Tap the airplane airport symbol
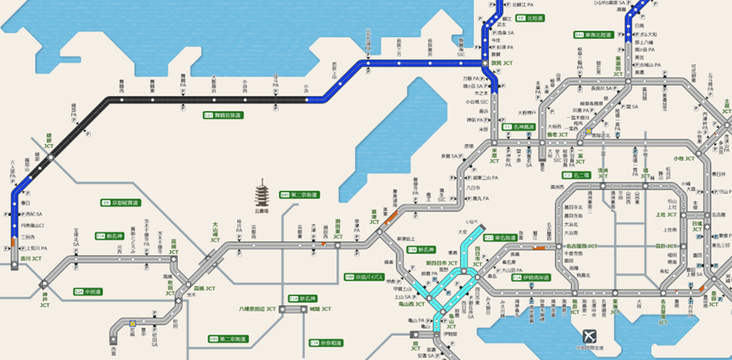pyautogui.click(x=588, y=337)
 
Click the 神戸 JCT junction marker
pyautogui.click(x=44, y=284)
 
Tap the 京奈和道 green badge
pyautogui.click(x=323, y=342)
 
